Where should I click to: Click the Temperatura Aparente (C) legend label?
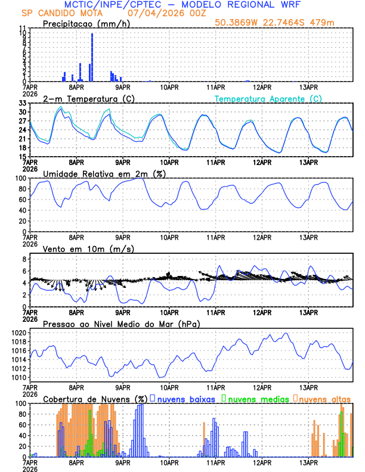click(x=268, y=98)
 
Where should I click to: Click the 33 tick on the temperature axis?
click(x=22, y=103)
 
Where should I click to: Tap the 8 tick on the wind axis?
click(x=24, y=259)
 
